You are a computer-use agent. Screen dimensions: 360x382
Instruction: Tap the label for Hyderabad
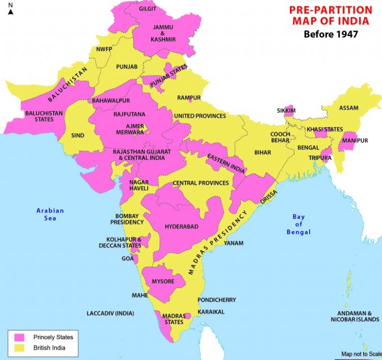tap(182, 227)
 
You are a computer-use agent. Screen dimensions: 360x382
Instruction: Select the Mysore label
tap(163, 281)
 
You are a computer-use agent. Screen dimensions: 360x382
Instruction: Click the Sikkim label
tap(286, 110)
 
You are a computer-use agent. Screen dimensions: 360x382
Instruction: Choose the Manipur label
tap(355, 141)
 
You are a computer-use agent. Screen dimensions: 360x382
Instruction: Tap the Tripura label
tap(321, 158)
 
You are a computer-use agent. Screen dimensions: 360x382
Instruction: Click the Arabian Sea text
tap(50, 214)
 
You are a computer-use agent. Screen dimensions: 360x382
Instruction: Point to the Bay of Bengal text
tap(298, 224)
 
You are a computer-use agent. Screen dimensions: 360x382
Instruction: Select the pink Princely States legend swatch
tap(19, 338)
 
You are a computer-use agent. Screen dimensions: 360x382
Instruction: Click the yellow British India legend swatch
tap(19, 348)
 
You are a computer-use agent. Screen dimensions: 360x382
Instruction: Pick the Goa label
tap(127, 258)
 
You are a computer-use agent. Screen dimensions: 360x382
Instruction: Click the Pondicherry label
tap(216, 300)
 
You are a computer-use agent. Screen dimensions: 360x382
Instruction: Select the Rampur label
tap(189, 98)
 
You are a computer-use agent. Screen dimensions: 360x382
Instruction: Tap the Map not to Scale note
tap(361, 354)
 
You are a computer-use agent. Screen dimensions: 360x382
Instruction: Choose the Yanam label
tap(234, 243)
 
